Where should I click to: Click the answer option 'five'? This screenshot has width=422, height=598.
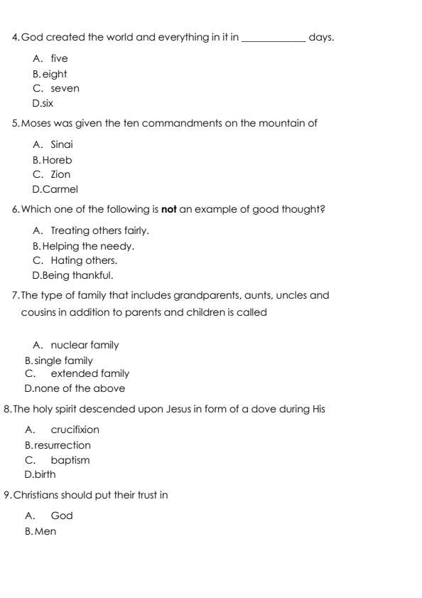(59, 58)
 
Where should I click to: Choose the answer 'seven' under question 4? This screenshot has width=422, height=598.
(65, 88)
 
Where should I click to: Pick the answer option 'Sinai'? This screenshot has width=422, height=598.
(62, 144)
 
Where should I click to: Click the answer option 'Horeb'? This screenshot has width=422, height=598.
(57, 160)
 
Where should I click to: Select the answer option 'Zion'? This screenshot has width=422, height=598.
(60, 174)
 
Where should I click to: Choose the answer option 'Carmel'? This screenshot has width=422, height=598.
(60, 189)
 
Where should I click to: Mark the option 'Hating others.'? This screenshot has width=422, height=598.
(84, 260)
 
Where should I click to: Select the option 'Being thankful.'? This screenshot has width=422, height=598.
(77, 275)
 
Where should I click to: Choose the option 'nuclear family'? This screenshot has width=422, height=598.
(85, 345)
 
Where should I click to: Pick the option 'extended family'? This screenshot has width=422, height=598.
(90, 373)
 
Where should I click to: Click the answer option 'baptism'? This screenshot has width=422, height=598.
(70, 460)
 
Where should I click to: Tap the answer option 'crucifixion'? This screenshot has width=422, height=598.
(75, 429)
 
